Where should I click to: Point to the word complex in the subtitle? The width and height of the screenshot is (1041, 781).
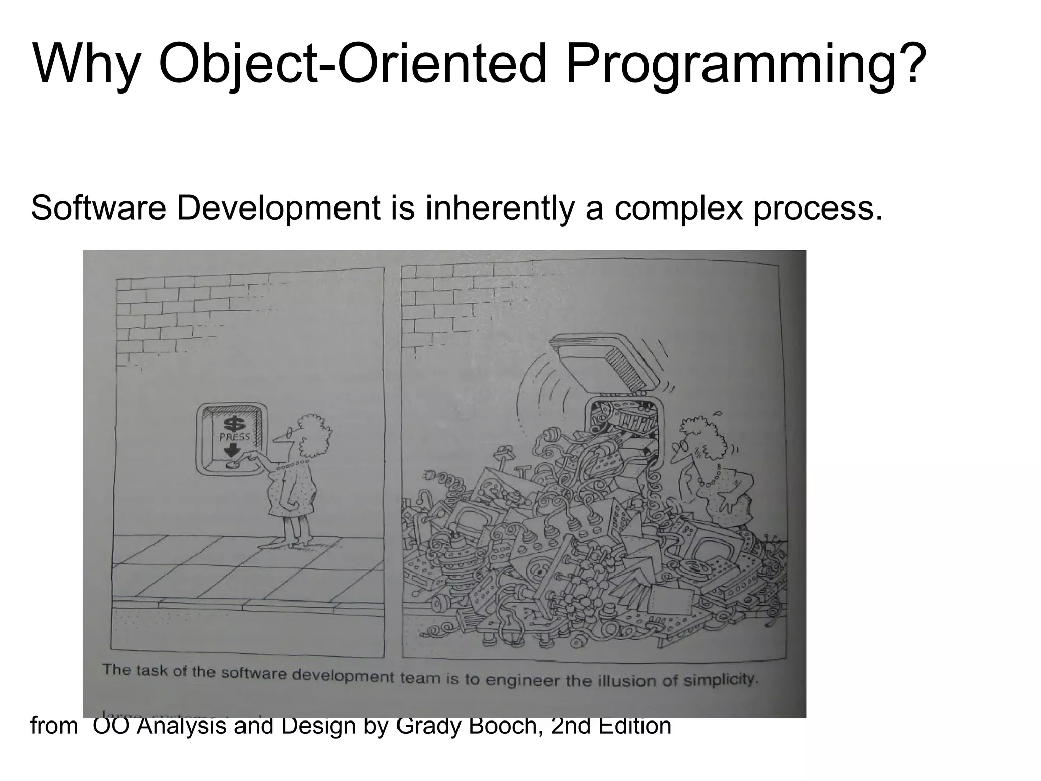pos(679,208)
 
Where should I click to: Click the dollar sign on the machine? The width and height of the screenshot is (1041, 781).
pos(234,424)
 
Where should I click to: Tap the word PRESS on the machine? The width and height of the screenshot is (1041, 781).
pos(234,437)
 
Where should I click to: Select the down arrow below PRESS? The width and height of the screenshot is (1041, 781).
pos(233,450)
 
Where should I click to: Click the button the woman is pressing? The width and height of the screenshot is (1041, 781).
pos(233,464)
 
